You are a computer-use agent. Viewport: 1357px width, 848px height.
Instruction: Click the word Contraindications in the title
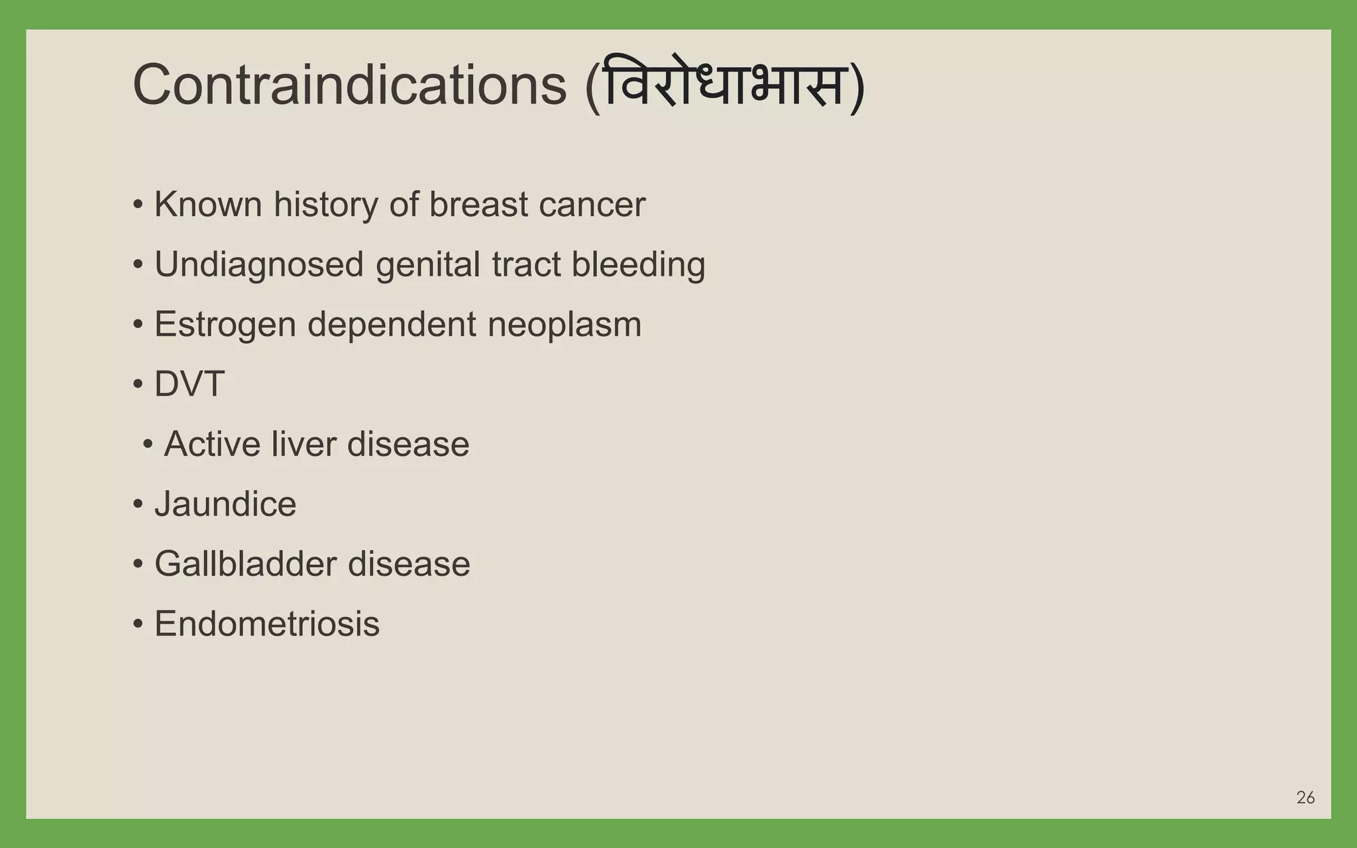[350, 85]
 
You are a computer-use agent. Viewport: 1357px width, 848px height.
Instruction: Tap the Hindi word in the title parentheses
[724, 85]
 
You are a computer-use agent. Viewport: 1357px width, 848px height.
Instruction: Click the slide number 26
[1305, 798]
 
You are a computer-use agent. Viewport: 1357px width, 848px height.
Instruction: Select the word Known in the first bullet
[208, 204]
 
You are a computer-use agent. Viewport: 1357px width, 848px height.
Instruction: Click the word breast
[478, 204]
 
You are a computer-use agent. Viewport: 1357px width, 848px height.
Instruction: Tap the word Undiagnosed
[259, 264]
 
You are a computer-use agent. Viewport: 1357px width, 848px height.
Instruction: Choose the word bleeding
[638, 264]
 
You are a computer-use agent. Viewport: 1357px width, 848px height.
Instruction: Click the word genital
[427, 264]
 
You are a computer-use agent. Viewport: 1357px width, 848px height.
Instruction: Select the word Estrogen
[225, 325]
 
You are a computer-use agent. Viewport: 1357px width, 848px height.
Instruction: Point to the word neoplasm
[564, 325]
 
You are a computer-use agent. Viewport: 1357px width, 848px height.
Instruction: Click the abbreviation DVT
[190, 384]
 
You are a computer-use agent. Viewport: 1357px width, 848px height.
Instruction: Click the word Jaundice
[225, 504]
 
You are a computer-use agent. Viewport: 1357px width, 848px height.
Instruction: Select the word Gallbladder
[245, 564]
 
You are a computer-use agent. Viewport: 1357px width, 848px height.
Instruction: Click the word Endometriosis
[267, 624]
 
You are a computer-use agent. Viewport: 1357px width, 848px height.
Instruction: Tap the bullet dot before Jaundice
[138, 505]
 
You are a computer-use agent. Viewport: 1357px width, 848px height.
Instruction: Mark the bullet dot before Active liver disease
[148, 445]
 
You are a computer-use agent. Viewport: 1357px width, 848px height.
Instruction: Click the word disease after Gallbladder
[409, 564]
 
